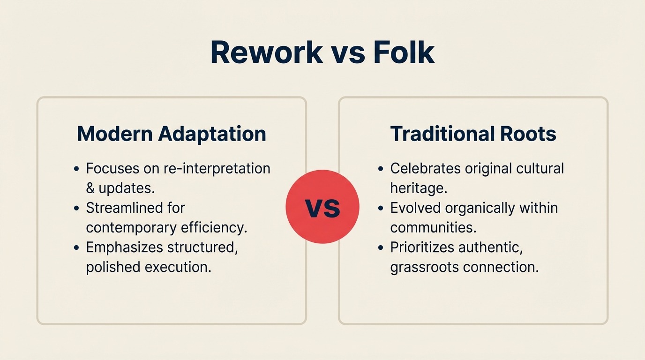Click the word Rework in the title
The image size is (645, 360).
click(x=267, y=52)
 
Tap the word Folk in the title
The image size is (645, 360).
click(x=404, y=52)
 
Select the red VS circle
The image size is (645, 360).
click(x=322, y=207)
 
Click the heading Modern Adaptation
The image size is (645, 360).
click(x=172, y=134)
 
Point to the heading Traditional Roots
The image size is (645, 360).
click(x=473, y=134)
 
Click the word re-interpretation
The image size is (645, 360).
click(x=217, y=168)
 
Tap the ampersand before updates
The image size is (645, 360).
click(x=90, y=188)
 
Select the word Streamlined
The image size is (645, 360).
click(x=135, y=208)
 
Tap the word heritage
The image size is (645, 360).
click(x=418, y=188)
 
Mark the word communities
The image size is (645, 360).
click(x=433, y=227)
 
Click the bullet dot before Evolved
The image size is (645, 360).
click(x=381, y=208)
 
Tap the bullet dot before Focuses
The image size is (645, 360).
click(x=76, y=169)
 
